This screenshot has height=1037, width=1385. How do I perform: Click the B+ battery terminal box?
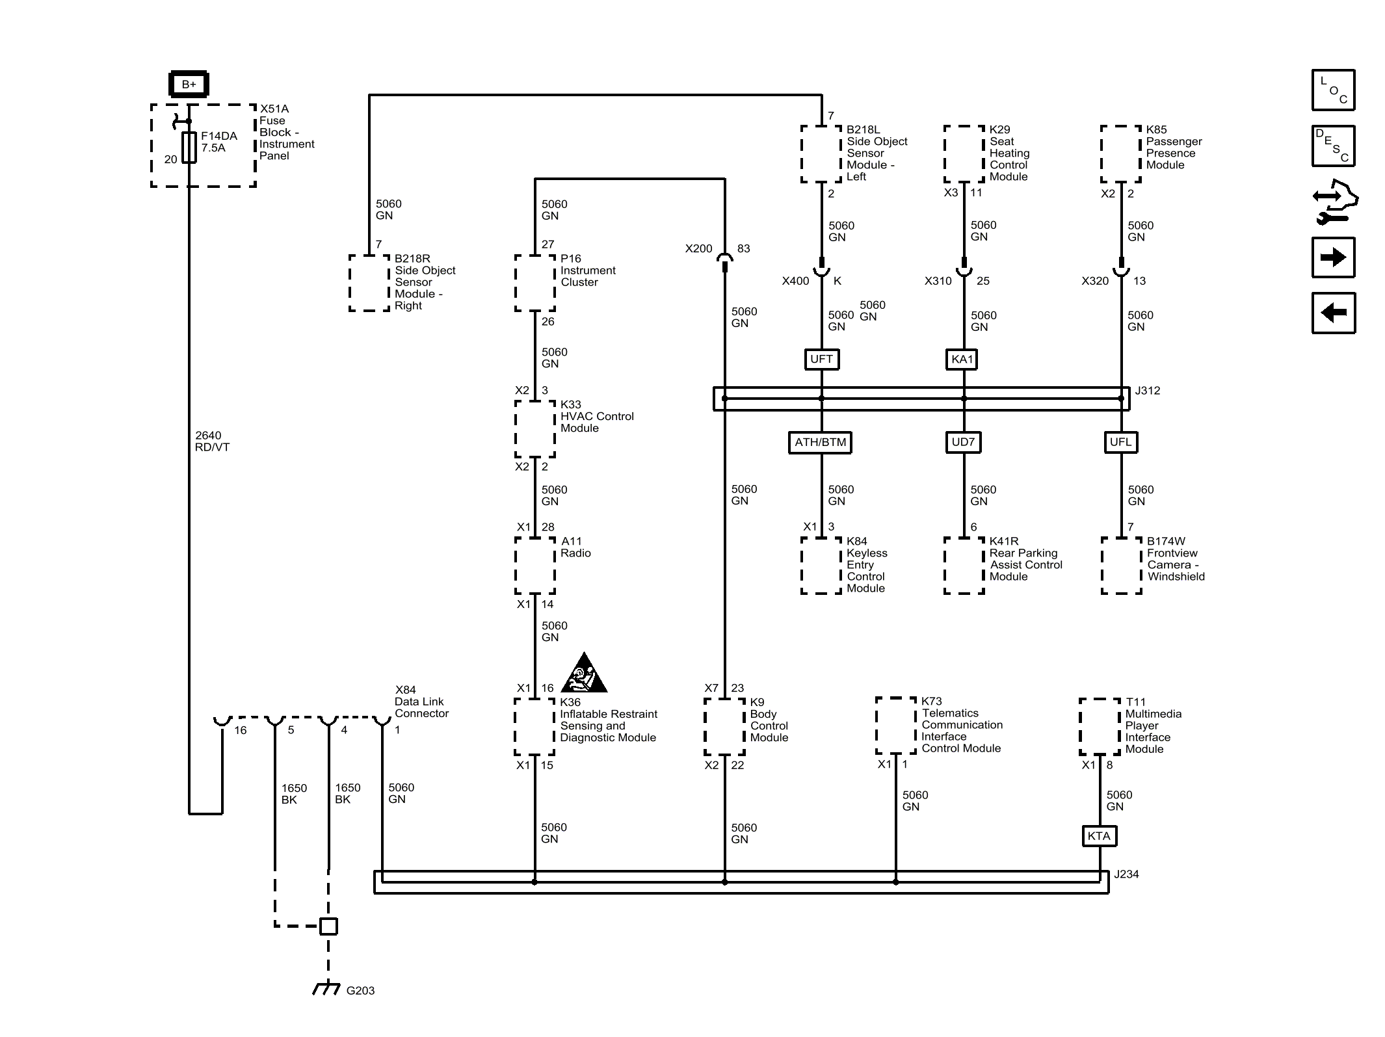click(x=189, y=84)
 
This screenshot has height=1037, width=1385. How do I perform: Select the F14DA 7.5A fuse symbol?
click(x=189, y=147)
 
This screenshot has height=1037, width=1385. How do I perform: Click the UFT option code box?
click(x=821, y=359)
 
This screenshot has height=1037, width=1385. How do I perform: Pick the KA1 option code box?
click(x=962, y=359)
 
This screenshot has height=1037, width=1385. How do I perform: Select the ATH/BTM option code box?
click(x=821, y=442)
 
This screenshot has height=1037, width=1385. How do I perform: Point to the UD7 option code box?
click(x=963, y=442)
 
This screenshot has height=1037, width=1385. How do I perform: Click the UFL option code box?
click(x=1121, y=442)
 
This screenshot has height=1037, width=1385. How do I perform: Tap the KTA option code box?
click(x=1099, y=835)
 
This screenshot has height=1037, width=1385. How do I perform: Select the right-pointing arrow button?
click(x=1334, y=257)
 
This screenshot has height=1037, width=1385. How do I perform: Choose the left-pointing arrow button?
click(x=1334, y=313)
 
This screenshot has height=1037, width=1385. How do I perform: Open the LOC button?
click(x=1334, y=90)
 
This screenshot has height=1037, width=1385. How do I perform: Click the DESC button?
click(x=1334, y=146)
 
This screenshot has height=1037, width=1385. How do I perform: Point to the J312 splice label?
click(x=1148, y=391)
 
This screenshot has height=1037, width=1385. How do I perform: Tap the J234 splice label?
click(x=1126, y=874)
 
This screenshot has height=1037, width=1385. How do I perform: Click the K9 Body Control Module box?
click(x=724, y=727)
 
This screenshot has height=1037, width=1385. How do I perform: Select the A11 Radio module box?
click(x=535, y=566)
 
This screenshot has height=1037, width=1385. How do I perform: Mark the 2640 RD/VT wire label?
click(x=212, y=441)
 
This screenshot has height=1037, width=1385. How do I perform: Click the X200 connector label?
click(x=699, y=248)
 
